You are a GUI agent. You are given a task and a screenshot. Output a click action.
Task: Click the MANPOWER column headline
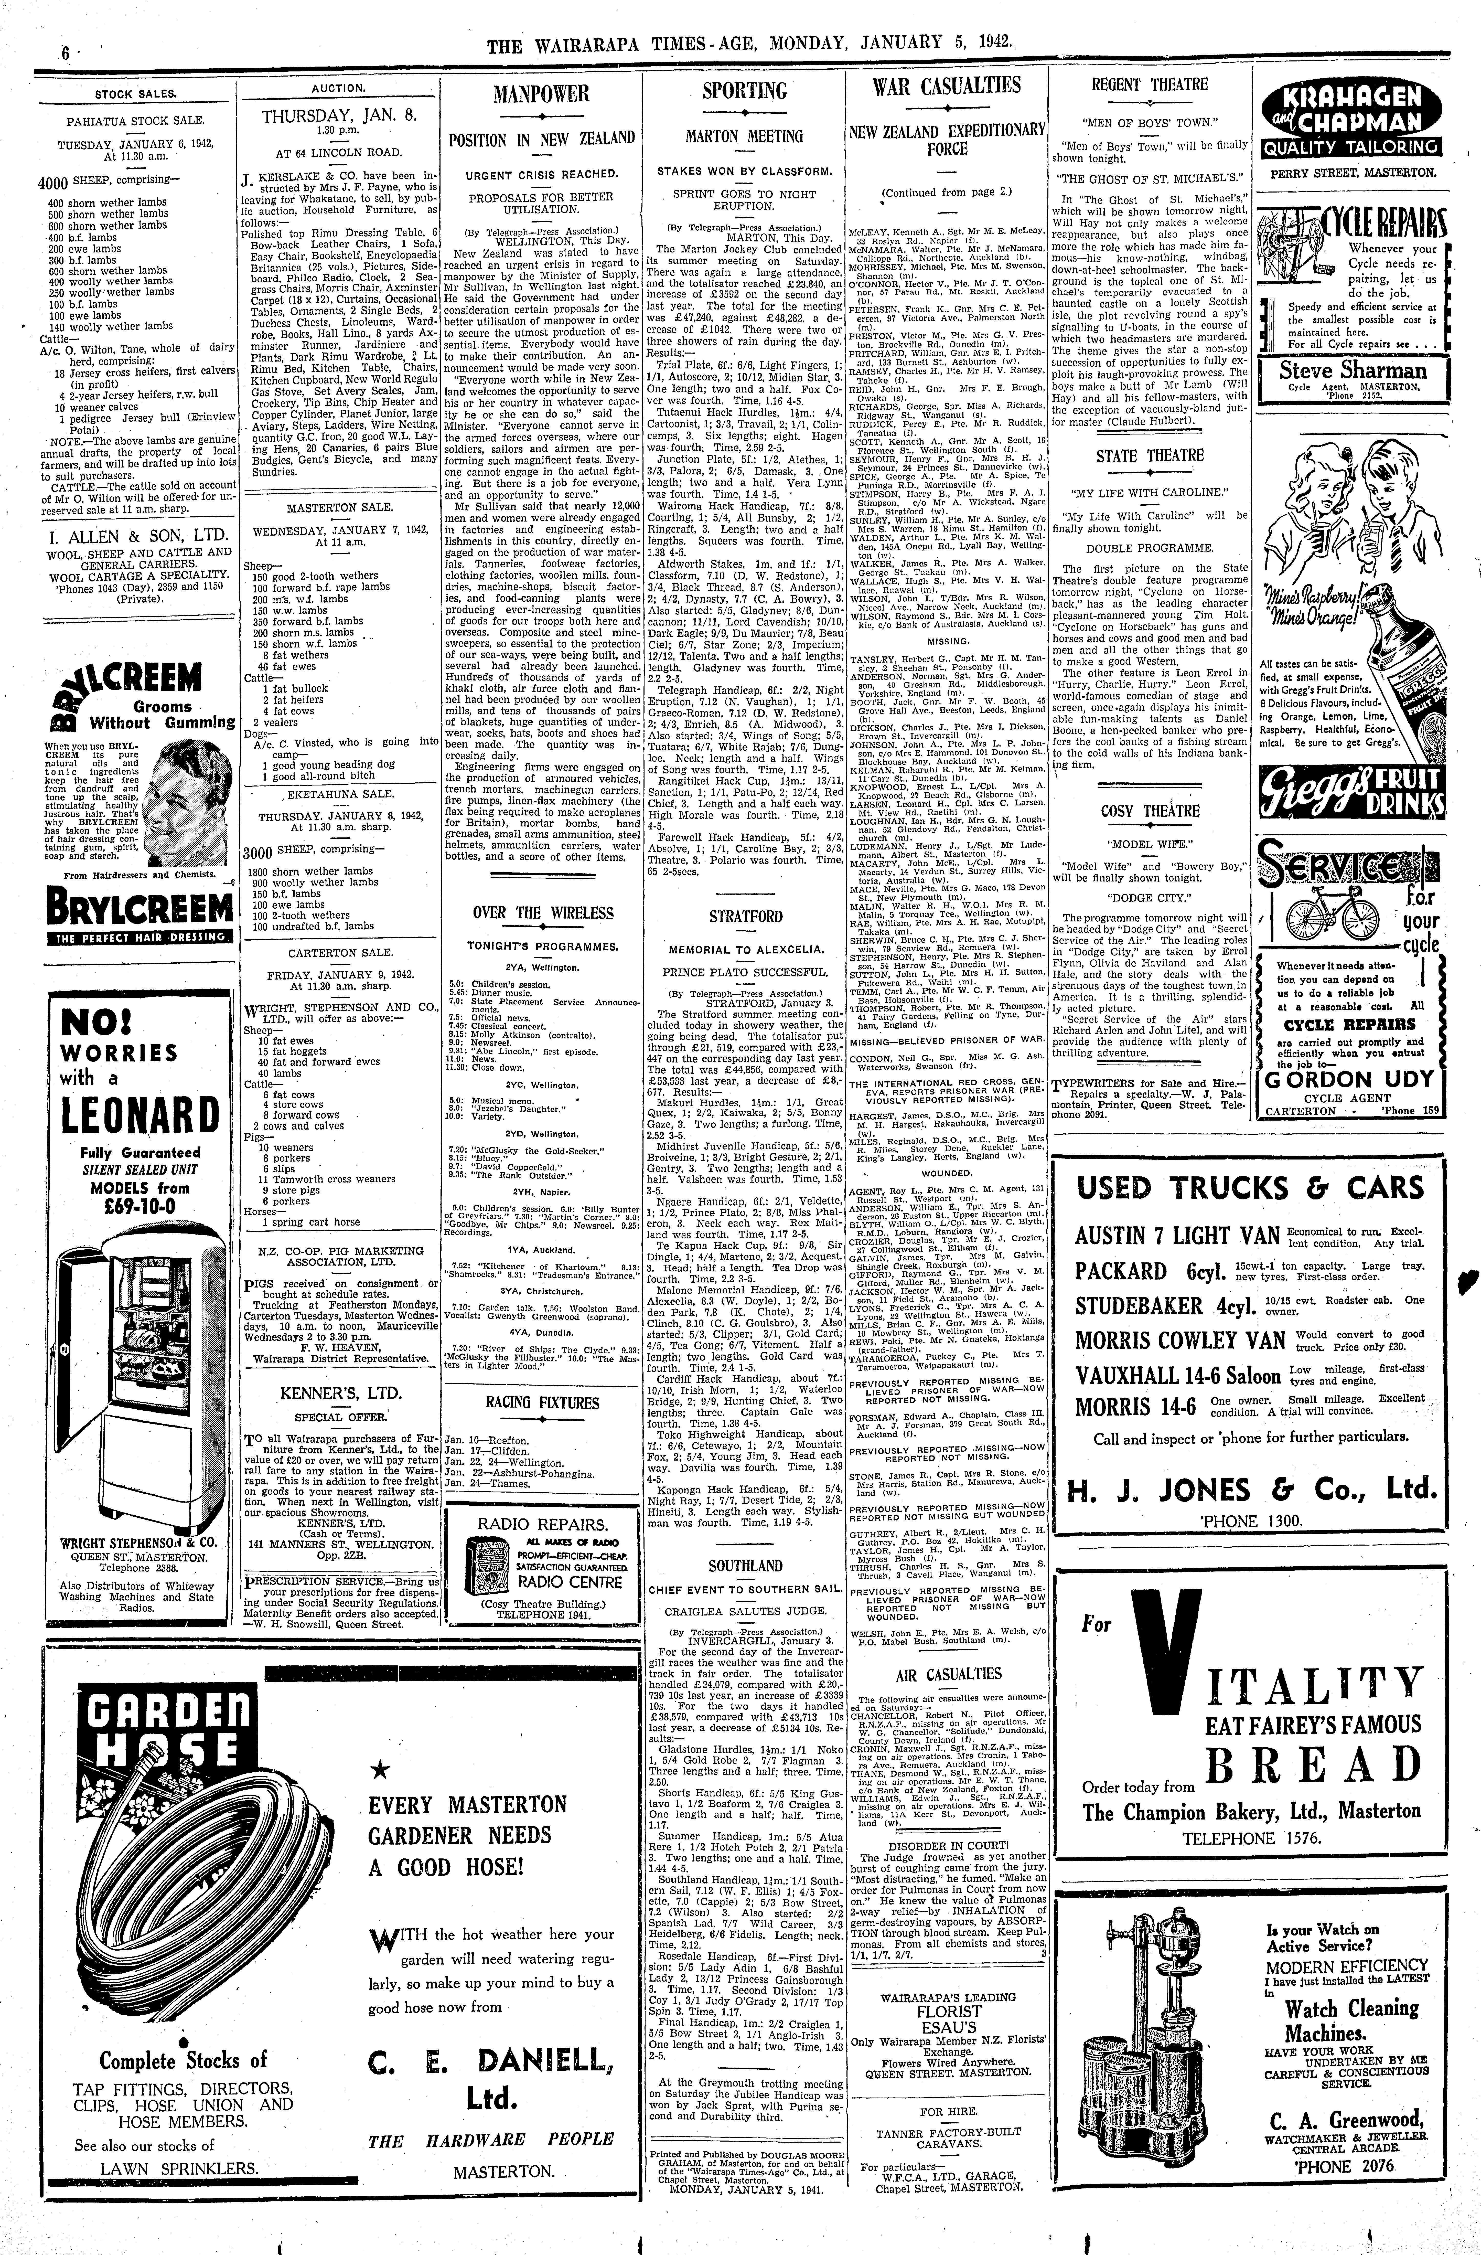[541, 94]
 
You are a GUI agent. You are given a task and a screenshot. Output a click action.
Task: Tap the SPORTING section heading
[745, 91]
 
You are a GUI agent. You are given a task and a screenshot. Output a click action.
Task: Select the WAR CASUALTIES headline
[947, 86]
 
